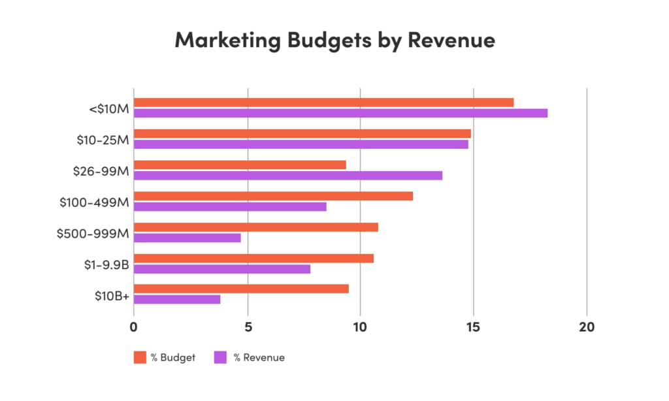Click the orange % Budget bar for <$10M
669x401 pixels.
click(323, 102)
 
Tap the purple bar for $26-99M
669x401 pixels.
click(287, 175)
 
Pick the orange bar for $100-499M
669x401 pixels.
click(273, 196)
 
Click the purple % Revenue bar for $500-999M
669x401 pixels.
click(187, 238)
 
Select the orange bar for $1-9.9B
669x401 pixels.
click(253, 258)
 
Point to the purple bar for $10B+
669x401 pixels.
click(177, 300)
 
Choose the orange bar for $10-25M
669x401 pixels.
click(302, 133)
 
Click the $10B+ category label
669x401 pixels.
click(110, 294)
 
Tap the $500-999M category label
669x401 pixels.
click(93, 233)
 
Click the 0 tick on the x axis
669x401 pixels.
click(134, 328)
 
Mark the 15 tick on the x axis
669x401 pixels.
click(473, 328)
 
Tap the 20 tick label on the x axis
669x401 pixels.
click(586, 328)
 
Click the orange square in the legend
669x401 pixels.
click(140, 357)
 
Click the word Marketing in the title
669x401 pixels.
click(227, 40)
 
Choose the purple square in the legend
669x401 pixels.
click(220, 357)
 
